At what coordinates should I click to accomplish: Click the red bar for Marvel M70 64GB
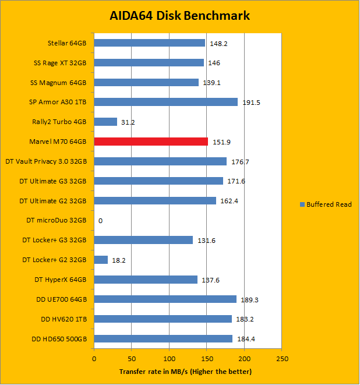(151, 142)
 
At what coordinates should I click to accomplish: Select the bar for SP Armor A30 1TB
(165, 102)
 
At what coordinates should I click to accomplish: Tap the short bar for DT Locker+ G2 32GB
(101, 260)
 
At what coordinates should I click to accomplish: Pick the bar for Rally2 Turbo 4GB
(105, 122)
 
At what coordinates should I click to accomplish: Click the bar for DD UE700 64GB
(165, 299)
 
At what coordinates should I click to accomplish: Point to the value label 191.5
(251, 103)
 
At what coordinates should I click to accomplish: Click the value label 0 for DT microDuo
(101, 221)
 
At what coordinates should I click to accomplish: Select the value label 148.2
(218, 43)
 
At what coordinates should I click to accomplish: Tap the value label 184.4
(246, 339)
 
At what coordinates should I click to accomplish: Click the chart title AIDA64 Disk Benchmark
(180, 16)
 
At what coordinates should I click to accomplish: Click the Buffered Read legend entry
(326, 204)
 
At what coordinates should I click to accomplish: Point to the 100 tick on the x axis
(169, 359)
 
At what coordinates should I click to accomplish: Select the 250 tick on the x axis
(281, 359)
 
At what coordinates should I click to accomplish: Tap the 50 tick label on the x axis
(132, 359)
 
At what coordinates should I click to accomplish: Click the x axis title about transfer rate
(186, 371)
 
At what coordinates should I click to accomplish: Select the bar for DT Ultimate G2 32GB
(155, 201)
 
